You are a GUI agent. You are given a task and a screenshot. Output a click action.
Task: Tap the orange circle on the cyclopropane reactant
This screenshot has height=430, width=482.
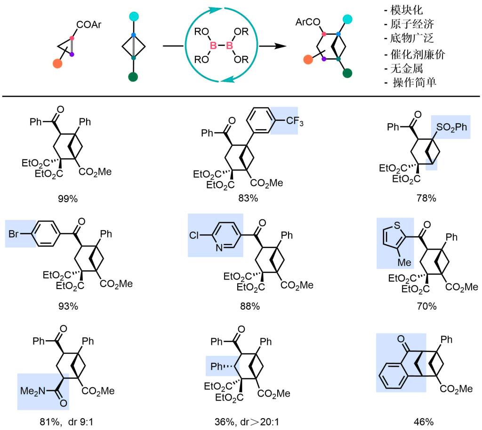click(x=58, y=63)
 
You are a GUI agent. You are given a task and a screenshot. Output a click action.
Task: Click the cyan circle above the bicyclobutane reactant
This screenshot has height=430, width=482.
click(x=133, y=16)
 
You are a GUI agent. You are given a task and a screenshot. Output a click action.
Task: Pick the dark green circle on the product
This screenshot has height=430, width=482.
click(x=348, y=72)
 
